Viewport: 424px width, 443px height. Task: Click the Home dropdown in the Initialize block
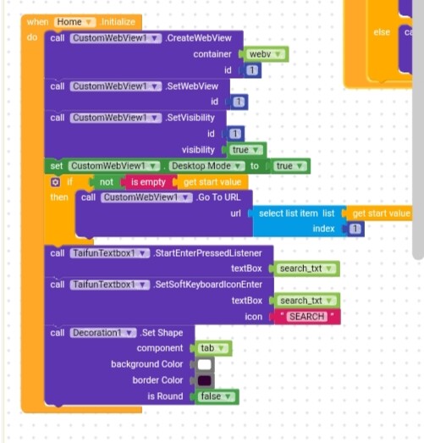(x=74, y=22)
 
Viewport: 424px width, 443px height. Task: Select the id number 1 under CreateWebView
(x=252, y=70)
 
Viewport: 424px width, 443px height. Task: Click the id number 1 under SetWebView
(x=239, y=102)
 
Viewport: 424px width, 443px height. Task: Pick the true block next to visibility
(x=245, y=150)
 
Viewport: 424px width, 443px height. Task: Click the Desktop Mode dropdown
(x=206, y=166)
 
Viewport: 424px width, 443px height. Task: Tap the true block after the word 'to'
(x=289, y=166)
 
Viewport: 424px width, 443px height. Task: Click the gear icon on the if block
(x=55, y=182)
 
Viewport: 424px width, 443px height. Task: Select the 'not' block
(x=107, y=182)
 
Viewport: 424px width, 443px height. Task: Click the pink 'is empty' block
(x=148, y=182)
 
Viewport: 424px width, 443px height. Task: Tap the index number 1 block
(x=355, y=229)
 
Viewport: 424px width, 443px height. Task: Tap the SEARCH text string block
(x=307, y=317)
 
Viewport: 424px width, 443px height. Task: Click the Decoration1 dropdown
(x=103, y=333)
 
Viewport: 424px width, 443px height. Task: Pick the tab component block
(x=212, y=348)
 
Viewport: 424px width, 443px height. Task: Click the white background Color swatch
(x=205, y=364)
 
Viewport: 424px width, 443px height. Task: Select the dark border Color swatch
(x=205, y=380)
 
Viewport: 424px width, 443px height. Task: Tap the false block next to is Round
(x=216, y=396)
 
